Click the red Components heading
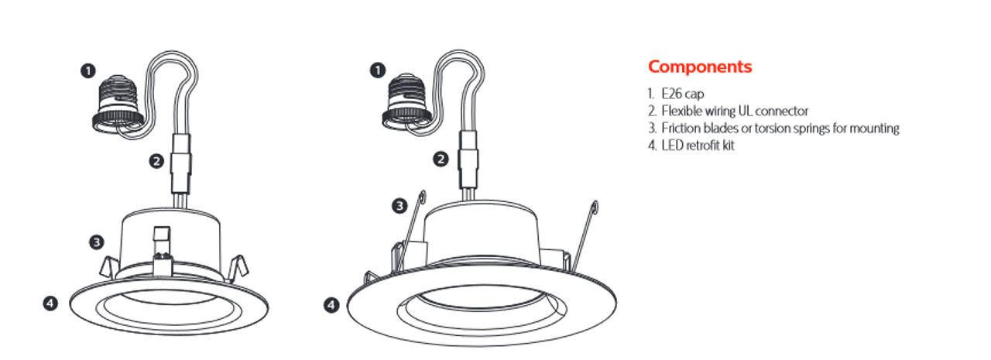[x=700, y=67]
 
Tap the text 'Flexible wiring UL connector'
[x=729, y=111]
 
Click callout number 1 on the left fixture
[x=87, y=70]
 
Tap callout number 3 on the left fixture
[x=96, y=242]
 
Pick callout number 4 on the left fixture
[x=50, y=303]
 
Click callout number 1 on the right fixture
[x=377, y=70]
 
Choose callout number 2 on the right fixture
[x=441, y=159]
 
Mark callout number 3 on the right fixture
[x=399, y=206]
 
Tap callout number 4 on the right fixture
[x=331, y=305]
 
